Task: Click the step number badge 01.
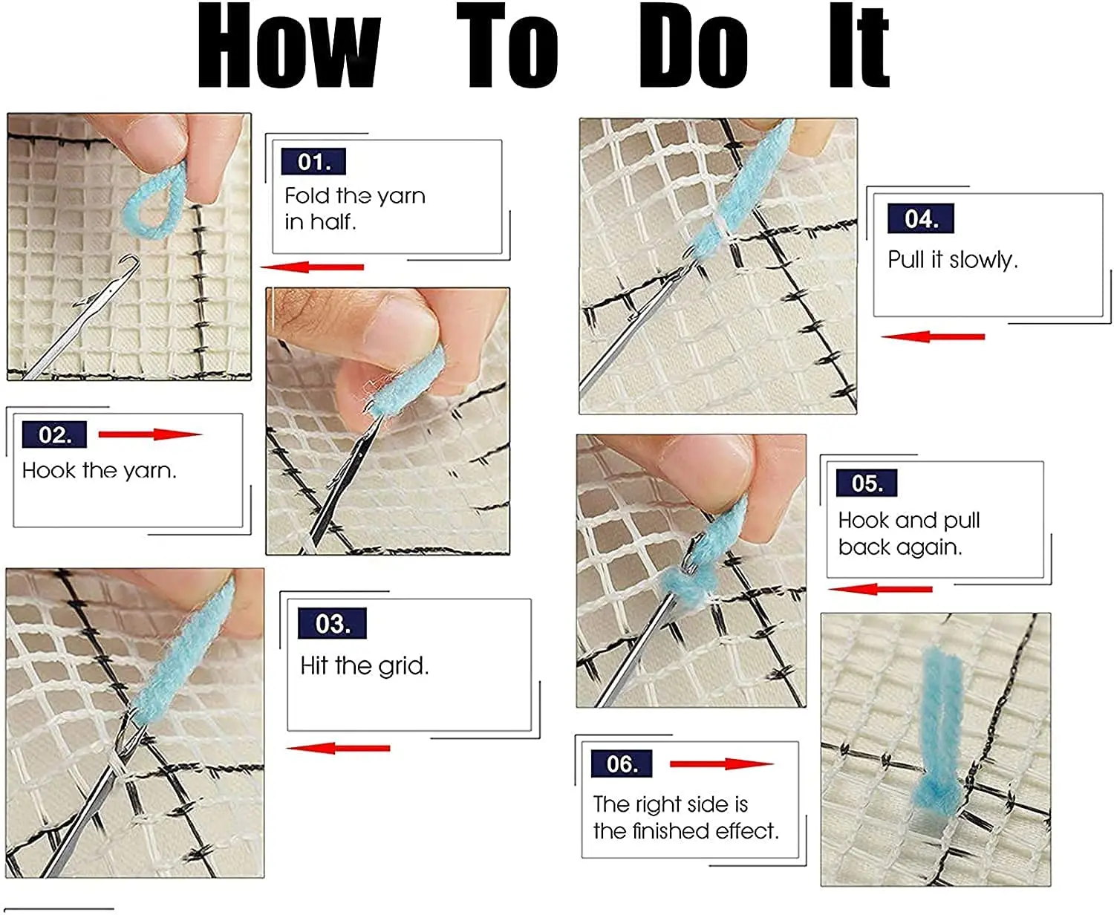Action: click(x=313, y=161)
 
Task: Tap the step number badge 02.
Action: click(x=54, y=434)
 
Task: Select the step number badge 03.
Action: click(x=332, y=623)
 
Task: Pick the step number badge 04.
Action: click(x=921, y=218)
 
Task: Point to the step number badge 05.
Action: click(x=866, y=483)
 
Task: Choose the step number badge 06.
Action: click(x=622, y=764)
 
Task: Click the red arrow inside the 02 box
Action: click(x=150, y=434)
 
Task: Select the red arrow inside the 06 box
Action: click(x=722, y=764)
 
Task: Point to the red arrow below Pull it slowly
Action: click(x=933, y=336)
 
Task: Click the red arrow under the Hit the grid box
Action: click(x=338, y=748)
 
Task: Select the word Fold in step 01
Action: click(x=308, y=196)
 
